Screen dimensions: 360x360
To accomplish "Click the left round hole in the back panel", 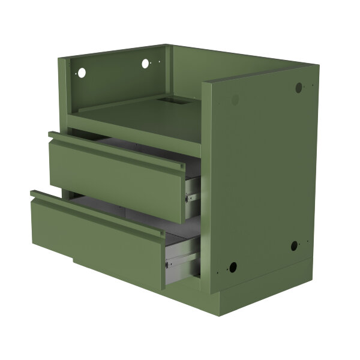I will click(82, 73).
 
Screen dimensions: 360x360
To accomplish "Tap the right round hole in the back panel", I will click(146, 62).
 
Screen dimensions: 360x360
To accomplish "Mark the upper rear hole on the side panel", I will click(298, 88).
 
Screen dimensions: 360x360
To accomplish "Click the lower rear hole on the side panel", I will click(294, 245).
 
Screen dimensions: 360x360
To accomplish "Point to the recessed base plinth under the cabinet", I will click(264, 300).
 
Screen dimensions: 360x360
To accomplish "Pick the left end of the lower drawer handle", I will click(35, 194).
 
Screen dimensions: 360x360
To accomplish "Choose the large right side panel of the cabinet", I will click(264, 174).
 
